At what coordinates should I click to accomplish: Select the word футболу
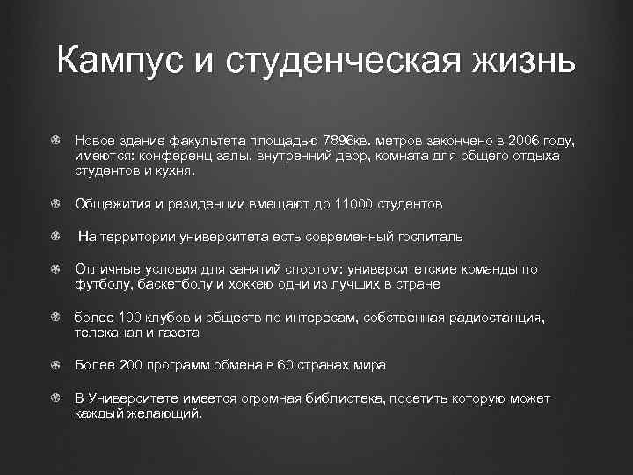[x=101, y=284]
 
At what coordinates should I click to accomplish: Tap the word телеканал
[x=107, y=332]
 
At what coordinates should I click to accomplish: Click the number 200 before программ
[x=129, y=365]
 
